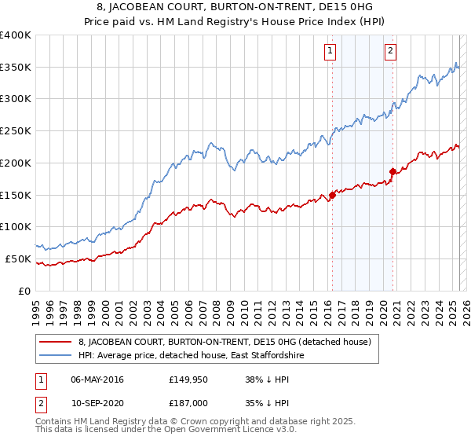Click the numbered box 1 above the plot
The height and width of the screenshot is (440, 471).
click(x=330, y=52)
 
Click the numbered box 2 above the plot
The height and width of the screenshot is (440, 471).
click(x=390, y=52)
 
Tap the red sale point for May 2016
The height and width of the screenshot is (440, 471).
click(x=332, y=195)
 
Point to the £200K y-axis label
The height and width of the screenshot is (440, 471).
click(x=16, y=163)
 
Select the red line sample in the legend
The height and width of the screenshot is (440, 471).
click(x=55, y=341)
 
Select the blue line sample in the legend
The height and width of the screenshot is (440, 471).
click(x=55, y=355)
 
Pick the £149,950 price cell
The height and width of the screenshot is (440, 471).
click(x=188, y=379)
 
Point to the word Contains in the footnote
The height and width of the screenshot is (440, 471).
click(x=55, y=422)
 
